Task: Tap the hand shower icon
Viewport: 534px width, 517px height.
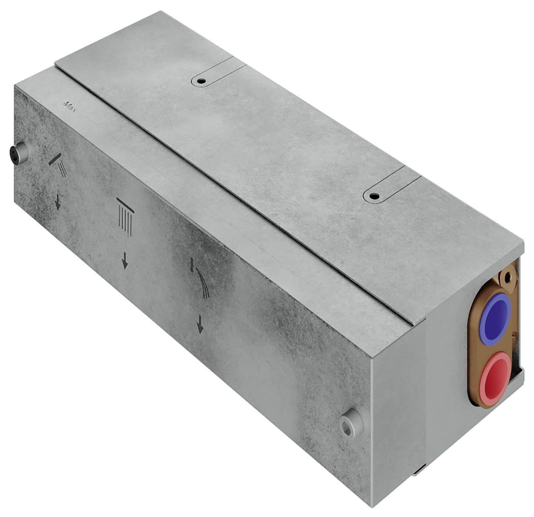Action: click(58, 165)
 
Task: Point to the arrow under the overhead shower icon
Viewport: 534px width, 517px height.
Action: click(125, 260)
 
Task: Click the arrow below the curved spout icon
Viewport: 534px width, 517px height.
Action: click(200, 324)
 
